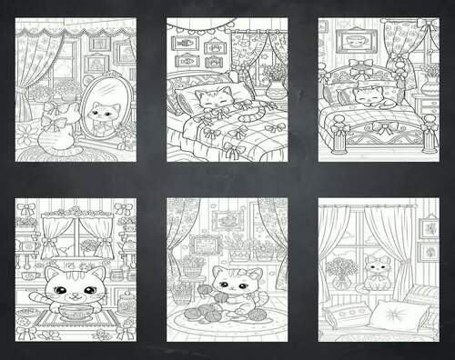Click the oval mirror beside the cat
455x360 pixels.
point(101,108)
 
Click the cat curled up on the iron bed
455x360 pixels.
point(369,95)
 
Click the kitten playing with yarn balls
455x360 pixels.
point(227,289)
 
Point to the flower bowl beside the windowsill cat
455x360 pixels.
point(341,272)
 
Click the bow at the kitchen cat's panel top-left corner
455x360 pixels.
point(25,208)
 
